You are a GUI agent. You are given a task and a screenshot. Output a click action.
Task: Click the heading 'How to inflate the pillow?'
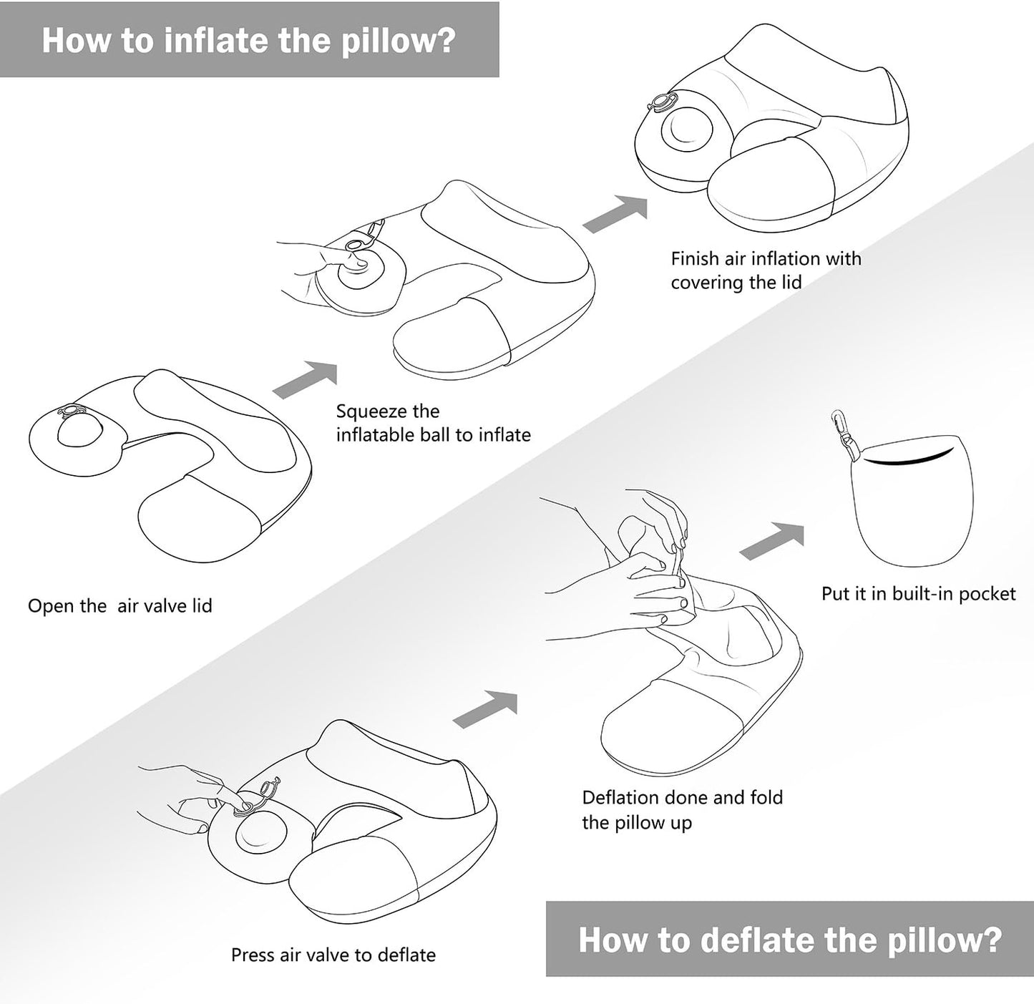pyautogui.click(x=248, y=39)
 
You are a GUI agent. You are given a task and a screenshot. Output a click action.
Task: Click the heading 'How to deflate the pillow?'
pyautogui.click(x=789, y=939)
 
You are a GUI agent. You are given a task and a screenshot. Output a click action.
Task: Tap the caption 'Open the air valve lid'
pyautogui.click(x=120, y=606)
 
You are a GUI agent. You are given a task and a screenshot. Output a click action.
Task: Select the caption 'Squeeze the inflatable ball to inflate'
pyautogui.click(x=433, y=423)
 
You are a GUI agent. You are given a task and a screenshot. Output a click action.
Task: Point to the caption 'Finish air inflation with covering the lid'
pyautogui.click(x=766, y=270)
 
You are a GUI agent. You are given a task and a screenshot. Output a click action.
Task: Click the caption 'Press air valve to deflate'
pyautogui.click(x=333, y=955)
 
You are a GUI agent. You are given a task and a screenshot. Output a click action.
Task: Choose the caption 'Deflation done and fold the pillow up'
pyautogui.click(x=682, y=809)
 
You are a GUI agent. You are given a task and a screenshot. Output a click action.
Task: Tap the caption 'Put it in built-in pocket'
pyautogui.click(x=918, y=593)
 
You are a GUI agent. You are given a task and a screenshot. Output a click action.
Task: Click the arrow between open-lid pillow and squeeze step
pyautogui.click(x=306, y=380)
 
